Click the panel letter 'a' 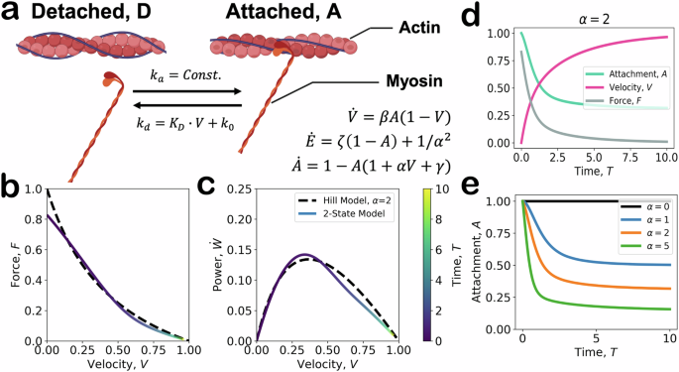[12, 13]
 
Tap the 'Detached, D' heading [90, 14]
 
